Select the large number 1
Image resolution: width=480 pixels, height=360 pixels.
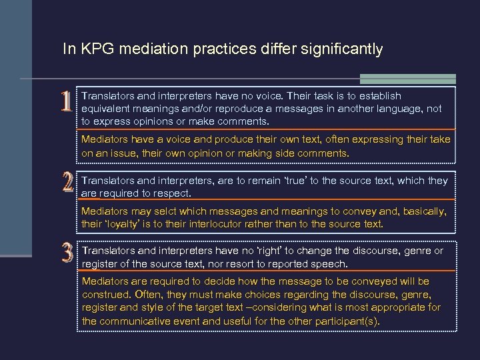65,101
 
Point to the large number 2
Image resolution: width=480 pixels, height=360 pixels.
66,182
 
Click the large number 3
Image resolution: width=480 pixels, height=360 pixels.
66,252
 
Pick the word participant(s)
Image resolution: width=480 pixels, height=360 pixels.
347,321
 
